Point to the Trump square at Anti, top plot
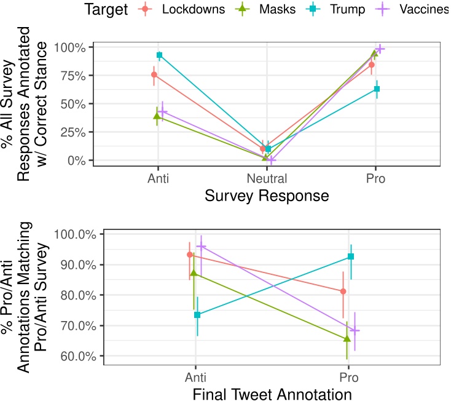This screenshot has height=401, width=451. point(159,55)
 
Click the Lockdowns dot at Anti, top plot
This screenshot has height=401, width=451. point(154,75)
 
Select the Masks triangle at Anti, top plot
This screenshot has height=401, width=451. point(157,116)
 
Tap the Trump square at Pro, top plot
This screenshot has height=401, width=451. point(377,89)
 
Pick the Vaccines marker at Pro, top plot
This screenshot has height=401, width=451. point(380,49)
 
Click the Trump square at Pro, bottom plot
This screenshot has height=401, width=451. point(351,256)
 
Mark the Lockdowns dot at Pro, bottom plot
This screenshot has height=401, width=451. point(343,291)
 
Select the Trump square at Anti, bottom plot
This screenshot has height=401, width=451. point(197,315)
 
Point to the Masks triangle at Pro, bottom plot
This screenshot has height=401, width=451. point(347,339)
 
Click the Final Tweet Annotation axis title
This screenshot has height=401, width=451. point(272,392)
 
